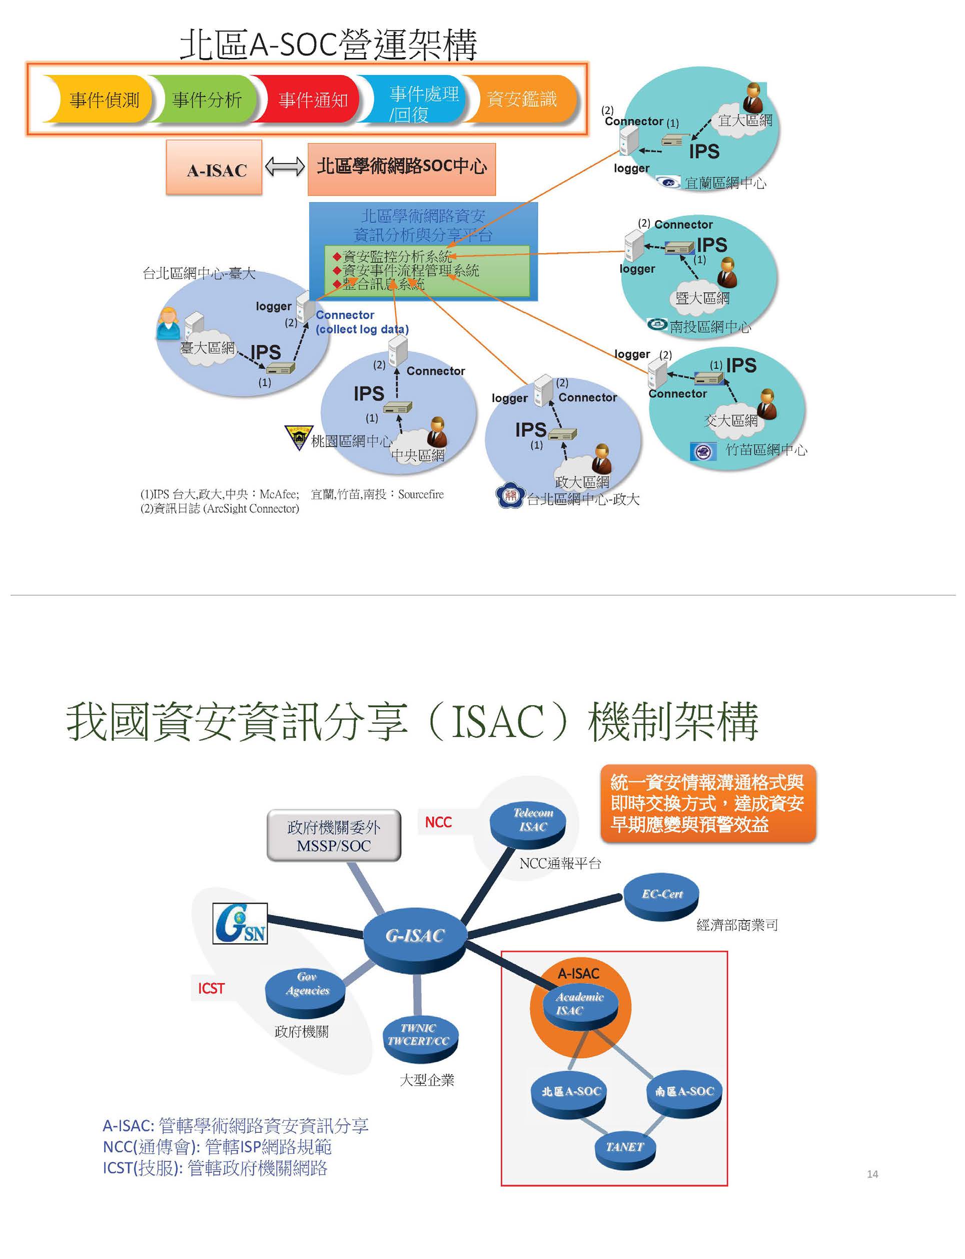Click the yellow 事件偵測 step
[104, 100]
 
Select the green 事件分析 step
[206, 100]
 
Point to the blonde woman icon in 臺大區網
[168, 323]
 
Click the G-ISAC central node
[415, 936]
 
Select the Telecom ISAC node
[528, 822]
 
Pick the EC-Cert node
[662, 897]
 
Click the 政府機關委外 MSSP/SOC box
[334, 836]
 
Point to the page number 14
[872, 1174]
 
